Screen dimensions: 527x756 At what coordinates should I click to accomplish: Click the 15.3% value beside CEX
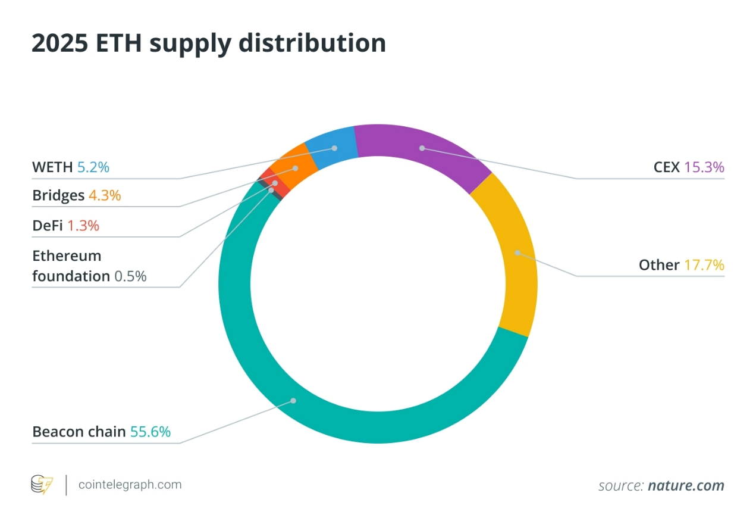(704, 167)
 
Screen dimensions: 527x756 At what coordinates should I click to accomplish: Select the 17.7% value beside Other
(704, 265)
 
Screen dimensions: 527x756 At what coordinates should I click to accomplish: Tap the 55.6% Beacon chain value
(150, 432)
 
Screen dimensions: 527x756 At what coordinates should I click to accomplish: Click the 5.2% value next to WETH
(93, 167)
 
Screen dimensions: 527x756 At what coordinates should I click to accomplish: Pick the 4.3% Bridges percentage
(105, 196)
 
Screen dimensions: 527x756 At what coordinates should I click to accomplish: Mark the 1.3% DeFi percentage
(83, 226)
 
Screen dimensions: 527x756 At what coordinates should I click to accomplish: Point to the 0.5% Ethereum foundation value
(130, 276)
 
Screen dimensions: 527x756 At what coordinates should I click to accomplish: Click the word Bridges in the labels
(58, 196)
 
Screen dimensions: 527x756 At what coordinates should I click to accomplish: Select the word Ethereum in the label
(67, 256)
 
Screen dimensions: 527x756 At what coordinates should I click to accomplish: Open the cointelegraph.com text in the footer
(130, 485)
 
